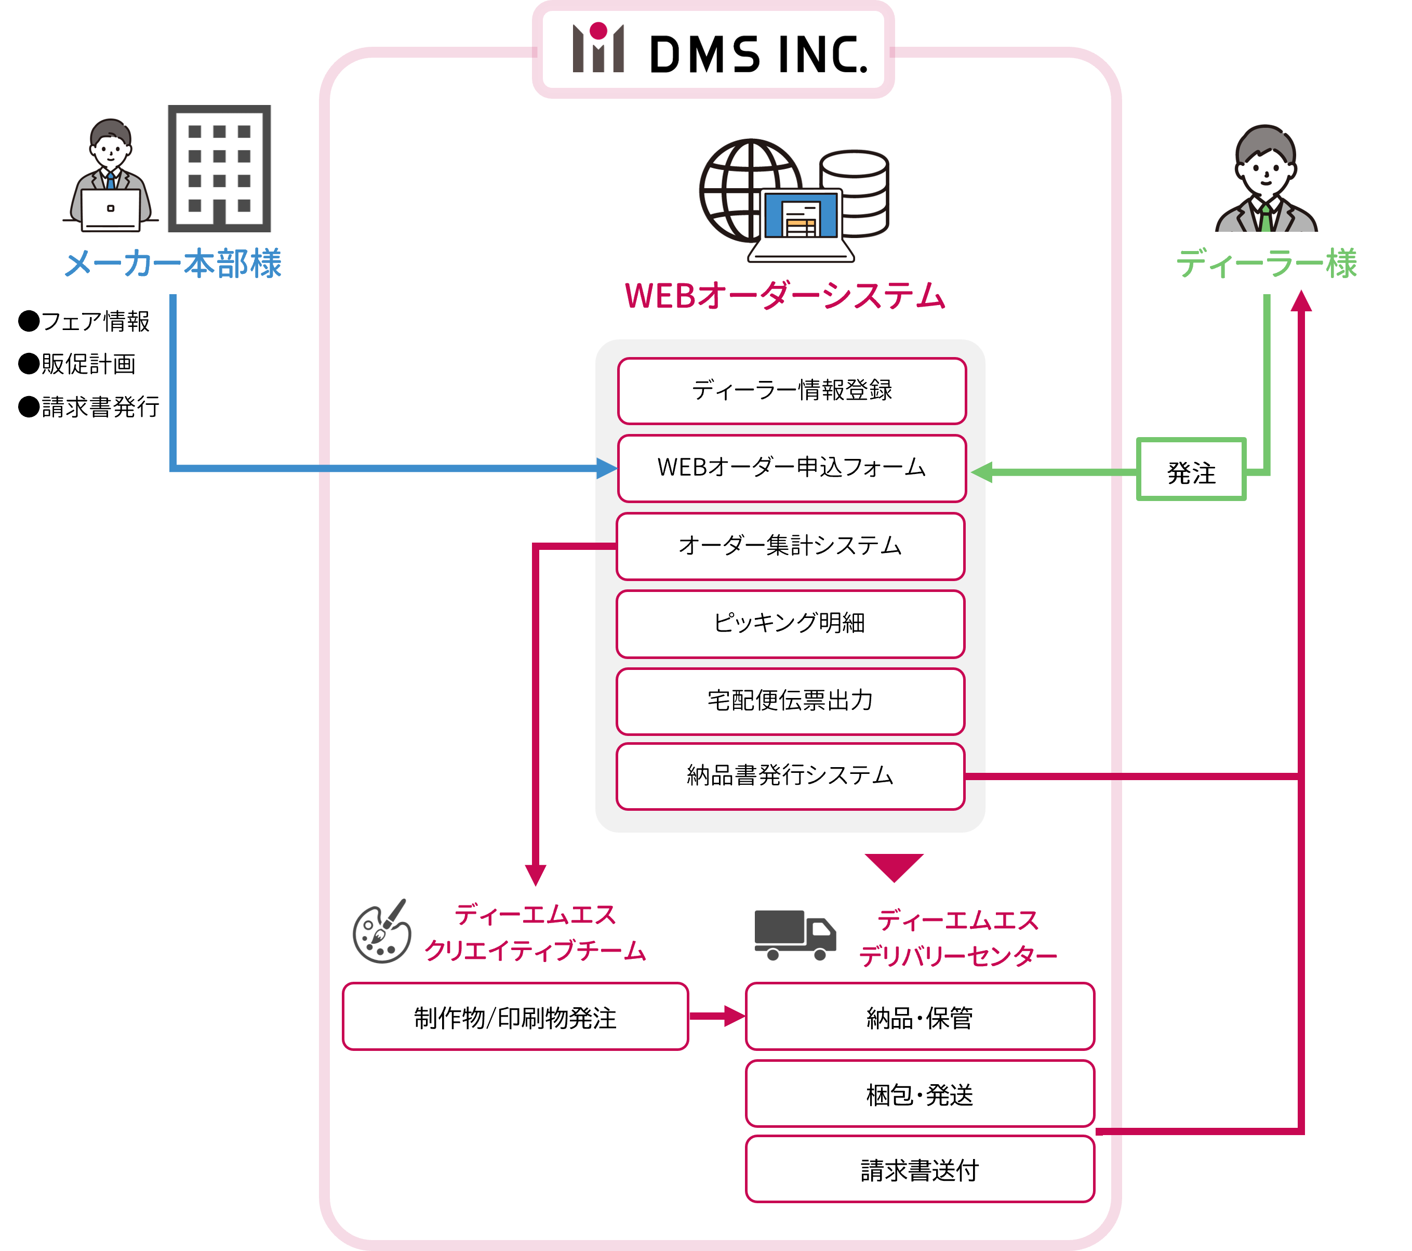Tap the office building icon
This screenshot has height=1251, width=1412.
pos(219,168)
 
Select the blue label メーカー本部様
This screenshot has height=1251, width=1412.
pos(172,264)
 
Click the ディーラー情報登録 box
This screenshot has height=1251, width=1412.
pos(792,390)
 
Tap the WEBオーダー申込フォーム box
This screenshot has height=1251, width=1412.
pos(792,468)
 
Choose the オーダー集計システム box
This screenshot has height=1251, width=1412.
pos(790,546)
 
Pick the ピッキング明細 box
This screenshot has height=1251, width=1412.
pos(790,624)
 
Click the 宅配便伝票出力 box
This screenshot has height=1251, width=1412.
pos(790,701)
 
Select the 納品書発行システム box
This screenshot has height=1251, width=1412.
pos(790,775)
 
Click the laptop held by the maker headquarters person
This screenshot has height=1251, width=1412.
pos(111,209)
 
